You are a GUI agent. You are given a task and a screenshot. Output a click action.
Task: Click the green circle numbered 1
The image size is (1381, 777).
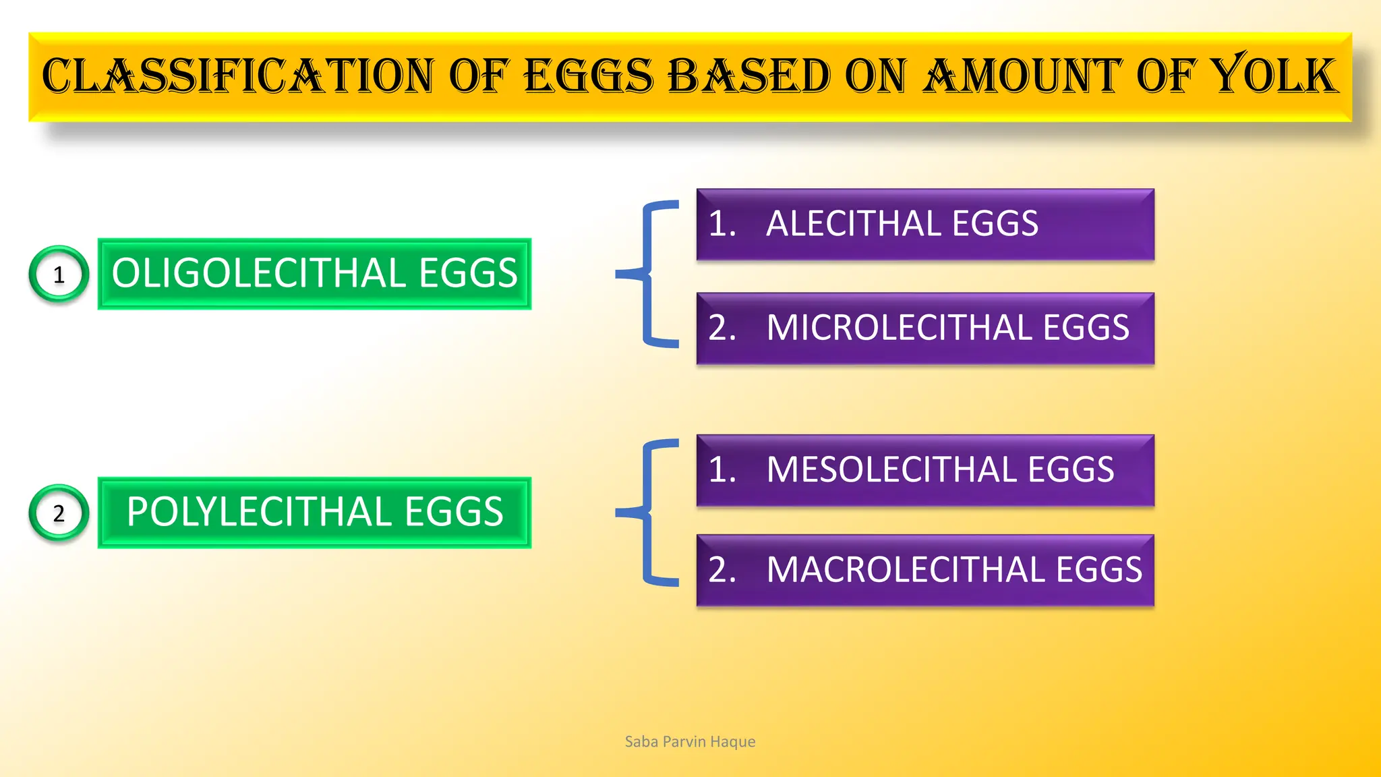(59, 275)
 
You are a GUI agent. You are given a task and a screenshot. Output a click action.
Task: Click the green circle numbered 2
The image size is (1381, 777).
(59, 513)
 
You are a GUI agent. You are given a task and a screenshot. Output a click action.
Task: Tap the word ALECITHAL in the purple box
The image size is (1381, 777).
(853, 224)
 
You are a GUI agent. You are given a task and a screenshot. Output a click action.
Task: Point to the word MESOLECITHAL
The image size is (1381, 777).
(891, 469)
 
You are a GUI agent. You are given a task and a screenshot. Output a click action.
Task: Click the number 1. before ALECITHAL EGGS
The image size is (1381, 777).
(722, 224)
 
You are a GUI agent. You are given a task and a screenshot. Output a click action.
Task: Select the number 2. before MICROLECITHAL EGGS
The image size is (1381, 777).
(722, 328)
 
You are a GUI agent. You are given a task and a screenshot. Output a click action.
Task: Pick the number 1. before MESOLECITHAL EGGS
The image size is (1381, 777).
(722, 469)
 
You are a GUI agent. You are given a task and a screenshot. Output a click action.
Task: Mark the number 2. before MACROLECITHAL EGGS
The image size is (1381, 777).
(722, 570)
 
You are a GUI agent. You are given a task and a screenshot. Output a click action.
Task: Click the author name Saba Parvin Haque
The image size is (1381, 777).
(690, 742)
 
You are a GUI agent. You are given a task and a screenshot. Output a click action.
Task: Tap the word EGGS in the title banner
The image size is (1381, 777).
(589, 76)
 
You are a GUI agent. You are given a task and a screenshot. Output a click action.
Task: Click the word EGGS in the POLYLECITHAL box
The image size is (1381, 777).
(453, 512)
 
